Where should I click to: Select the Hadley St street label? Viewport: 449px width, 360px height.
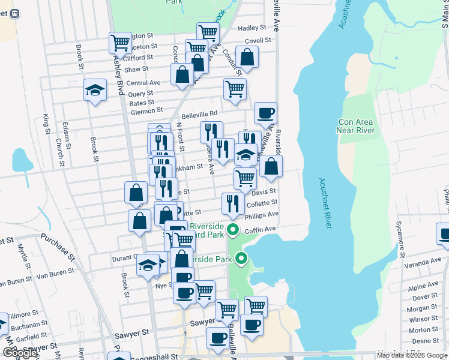click(252, 28)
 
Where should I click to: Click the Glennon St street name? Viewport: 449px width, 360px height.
click(146, 110)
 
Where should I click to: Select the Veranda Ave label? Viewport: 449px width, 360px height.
click(423, 262)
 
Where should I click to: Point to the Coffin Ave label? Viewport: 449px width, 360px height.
click(261, 229)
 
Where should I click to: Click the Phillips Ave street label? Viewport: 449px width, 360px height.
click(262, 215)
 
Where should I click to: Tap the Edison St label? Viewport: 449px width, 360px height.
click(66, 137)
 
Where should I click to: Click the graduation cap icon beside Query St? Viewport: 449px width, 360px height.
click(95, 90)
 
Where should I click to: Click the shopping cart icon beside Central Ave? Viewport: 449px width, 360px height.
click(235, 89)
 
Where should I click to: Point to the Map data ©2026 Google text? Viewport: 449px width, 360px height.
click(412, 355)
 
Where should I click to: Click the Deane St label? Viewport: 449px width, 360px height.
click(426, 341)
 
